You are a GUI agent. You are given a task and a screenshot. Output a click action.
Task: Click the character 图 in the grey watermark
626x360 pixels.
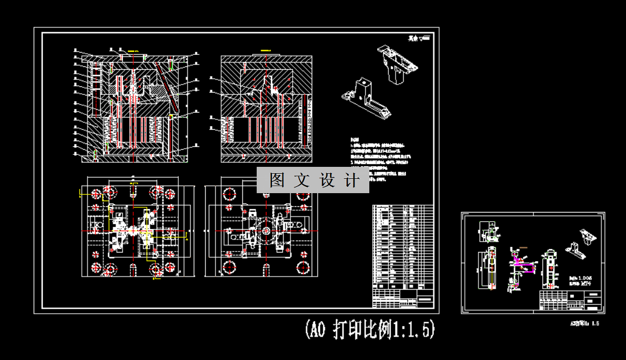tap(277, 181)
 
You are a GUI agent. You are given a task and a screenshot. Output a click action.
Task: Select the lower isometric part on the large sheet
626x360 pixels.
tap(366, 98)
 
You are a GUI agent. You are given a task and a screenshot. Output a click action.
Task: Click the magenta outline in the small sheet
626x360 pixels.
tap(524, 264)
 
